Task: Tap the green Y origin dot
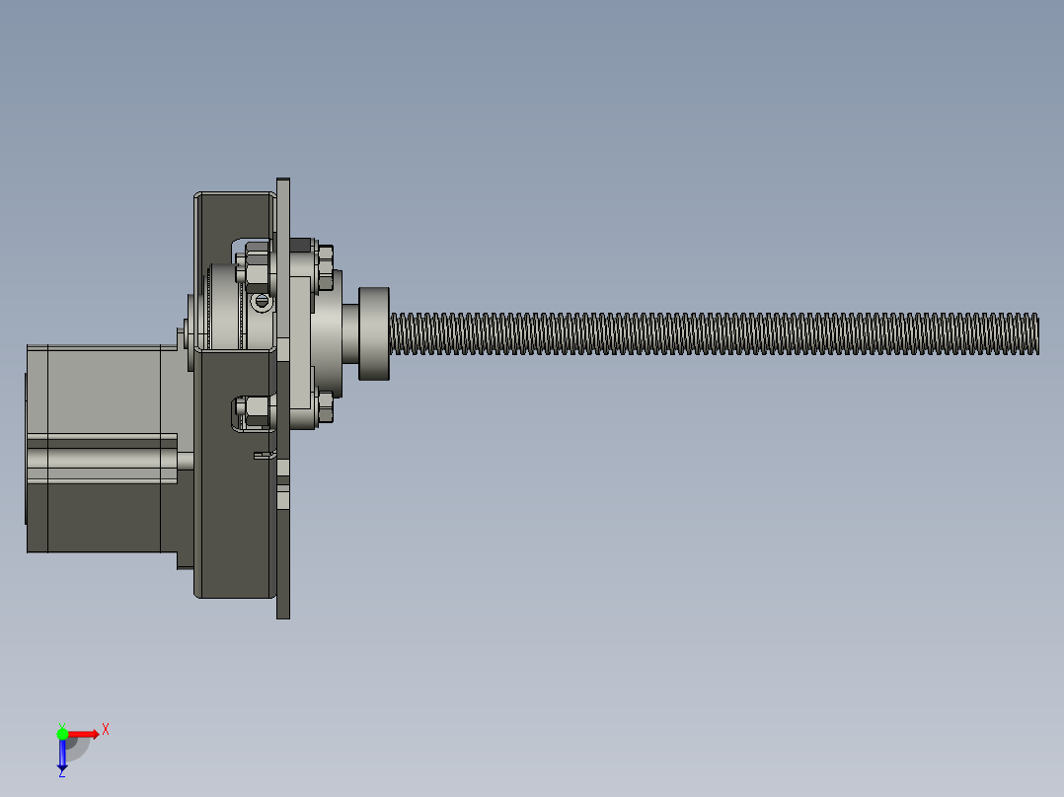tap(62, 734)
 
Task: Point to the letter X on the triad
tap(106, 730)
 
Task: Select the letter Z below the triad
tap(62, 773)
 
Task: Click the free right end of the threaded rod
tap(1037, 333)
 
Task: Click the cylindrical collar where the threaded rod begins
tap(374, 333)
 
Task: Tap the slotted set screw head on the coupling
tap(262, 301)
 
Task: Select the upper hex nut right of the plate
tap(325, 268)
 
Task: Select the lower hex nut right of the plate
tap(325, 405)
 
